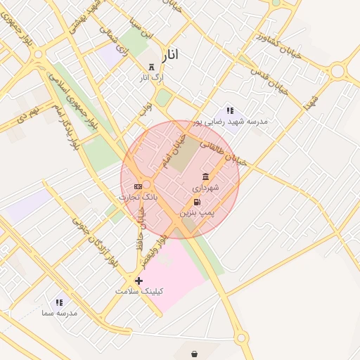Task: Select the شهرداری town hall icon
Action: [x=205, y=176]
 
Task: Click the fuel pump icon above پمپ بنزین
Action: [x=206, y=202]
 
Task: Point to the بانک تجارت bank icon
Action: [x=138, y=186]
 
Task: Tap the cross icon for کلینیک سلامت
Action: [x=139, y=281]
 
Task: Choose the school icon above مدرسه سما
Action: [x=59, y=302]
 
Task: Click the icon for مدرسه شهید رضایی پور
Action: [x=229, y=111]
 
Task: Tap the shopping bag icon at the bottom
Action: [x=194, y=353]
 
